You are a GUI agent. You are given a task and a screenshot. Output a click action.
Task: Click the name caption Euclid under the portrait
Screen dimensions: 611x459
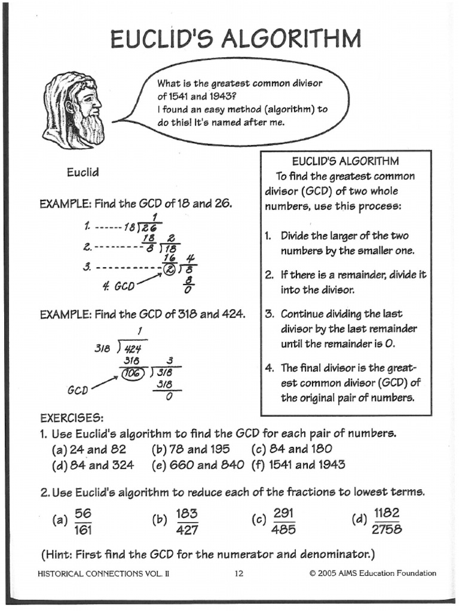coord(82,172)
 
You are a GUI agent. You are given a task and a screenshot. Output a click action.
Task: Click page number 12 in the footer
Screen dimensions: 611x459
coord(238,573)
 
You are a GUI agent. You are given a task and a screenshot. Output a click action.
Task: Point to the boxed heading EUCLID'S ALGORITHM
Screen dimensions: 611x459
coord(345,161)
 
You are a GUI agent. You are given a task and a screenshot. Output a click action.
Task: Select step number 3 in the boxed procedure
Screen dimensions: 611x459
coord(269,313)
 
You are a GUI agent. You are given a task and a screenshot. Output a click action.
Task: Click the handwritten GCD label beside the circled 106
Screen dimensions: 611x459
coord(78,390)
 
